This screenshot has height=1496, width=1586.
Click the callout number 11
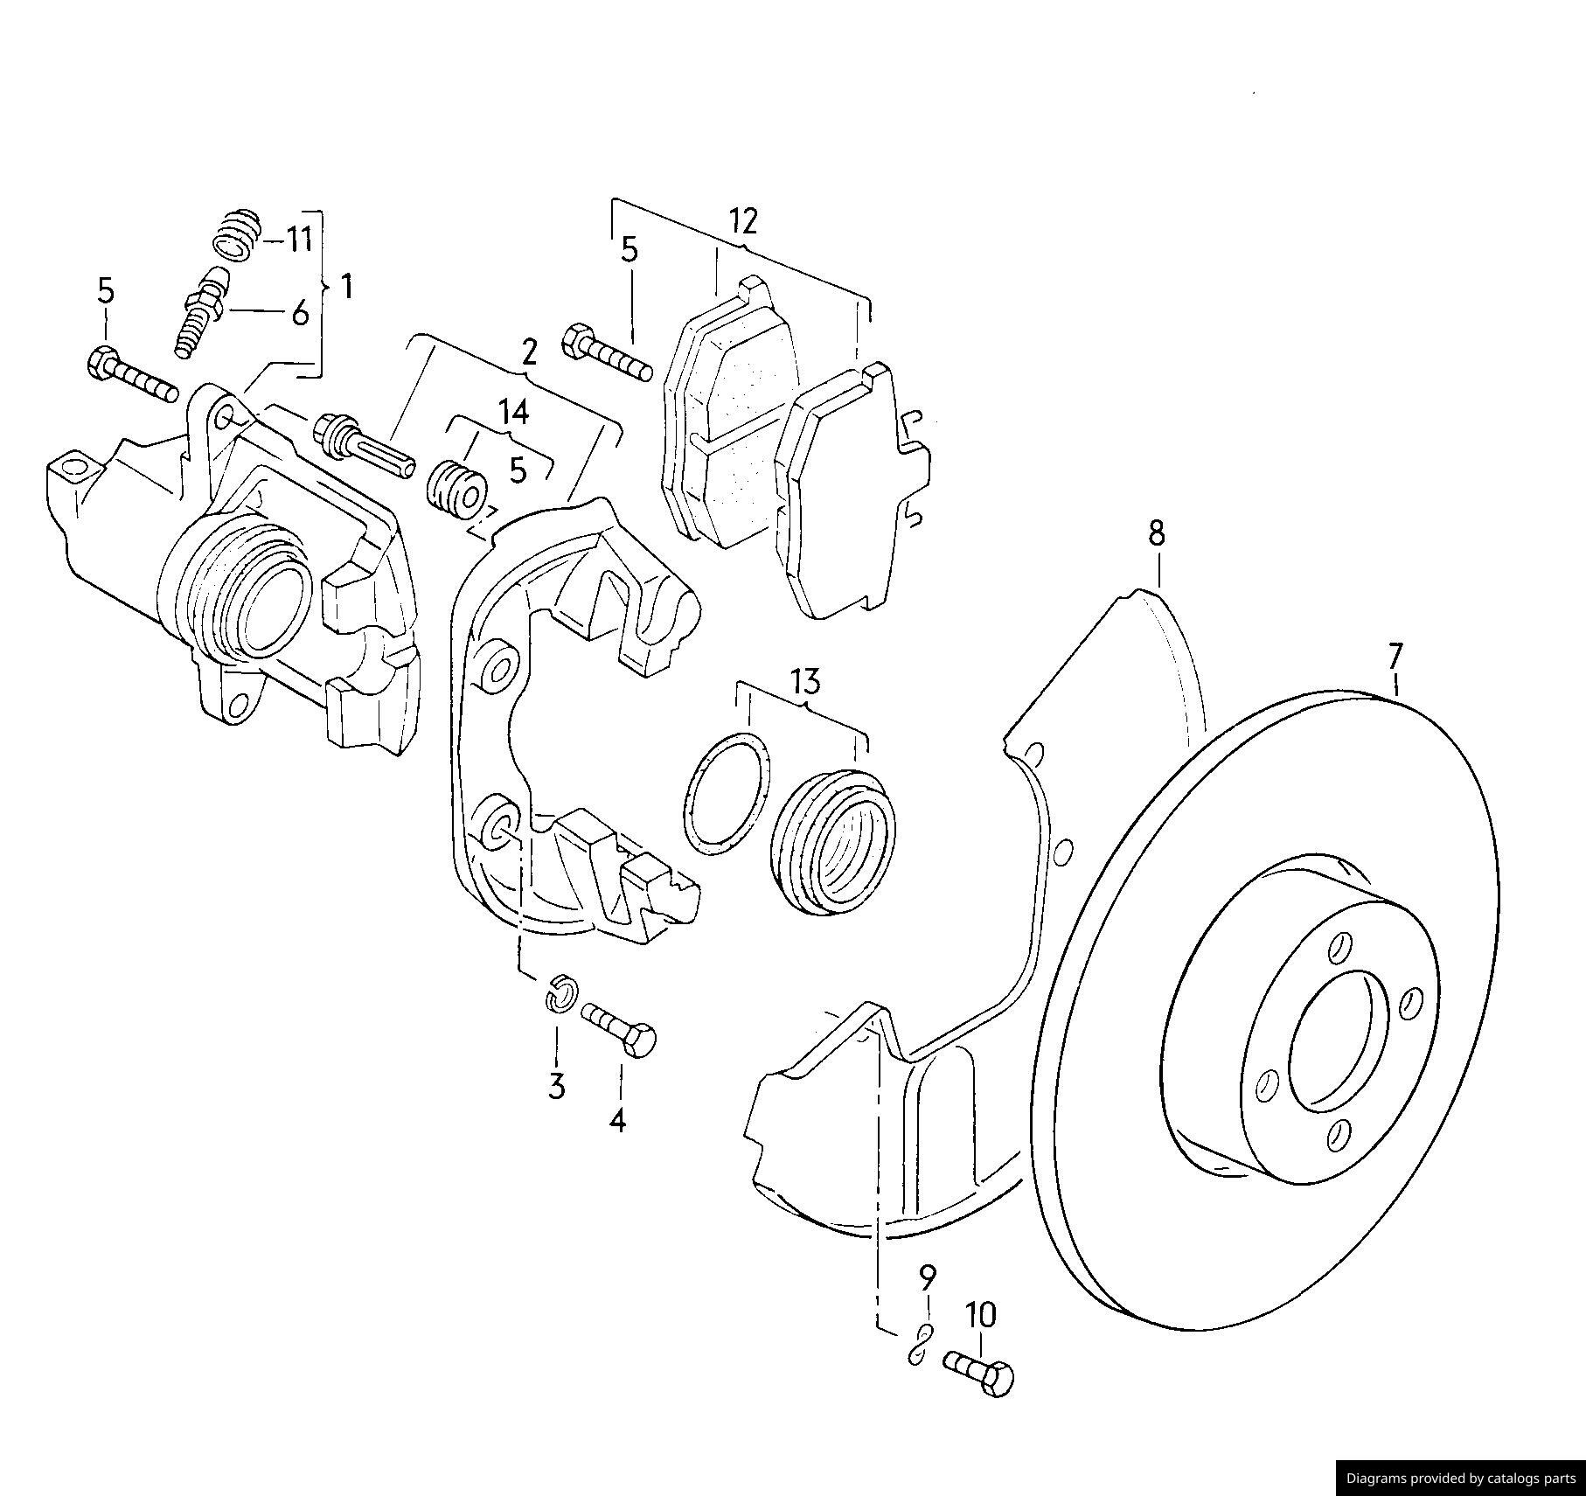[x=300, y=239]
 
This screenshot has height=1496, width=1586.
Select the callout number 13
[x=805, y=680]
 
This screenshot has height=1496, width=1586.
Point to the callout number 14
[x=514, y=411]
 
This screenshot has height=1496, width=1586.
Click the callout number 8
[x=1157, y=532]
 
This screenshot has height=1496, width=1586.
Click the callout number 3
[x=557, y=1086]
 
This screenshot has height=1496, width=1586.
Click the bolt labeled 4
[x=619, y=1028]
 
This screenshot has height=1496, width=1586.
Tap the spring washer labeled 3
[x=560, y=992]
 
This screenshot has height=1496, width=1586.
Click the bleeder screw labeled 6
[x=202, y=311]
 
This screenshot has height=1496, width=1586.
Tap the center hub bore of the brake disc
[x=1337, y=1040]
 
